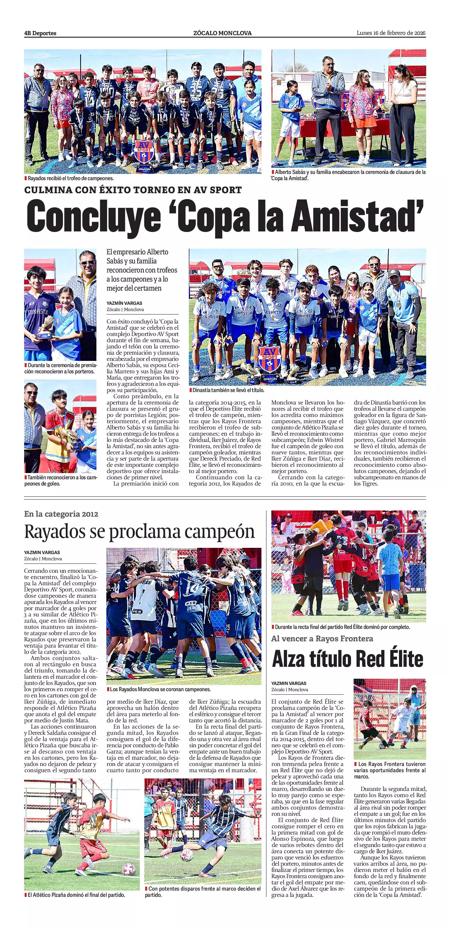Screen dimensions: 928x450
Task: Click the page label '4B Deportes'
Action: pyautogui.click(x=40, y=33)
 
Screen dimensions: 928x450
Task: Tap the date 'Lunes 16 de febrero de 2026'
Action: pyautogui.click(x=391, y=33)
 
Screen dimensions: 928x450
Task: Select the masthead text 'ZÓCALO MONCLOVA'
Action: pyautogui.click(x=222, y=33)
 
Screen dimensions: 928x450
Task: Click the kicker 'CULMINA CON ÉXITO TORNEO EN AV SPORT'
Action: pyautogui.click(x=133, y=190)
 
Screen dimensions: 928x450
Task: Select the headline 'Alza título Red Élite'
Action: pyautogui.click(x=348, y=659)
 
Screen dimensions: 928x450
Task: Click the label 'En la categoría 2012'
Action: pyautogui.click(x=61, y=514)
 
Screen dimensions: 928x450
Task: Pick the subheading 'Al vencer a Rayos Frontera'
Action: pyautogui.click(x=322, y=639)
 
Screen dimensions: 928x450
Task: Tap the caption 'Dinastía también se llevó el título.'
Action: pyautogui.click(x=228, y=390)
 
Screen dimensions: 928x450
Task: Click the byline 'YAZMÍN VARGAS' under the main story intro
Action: pyautogui.click(x=124, y=303)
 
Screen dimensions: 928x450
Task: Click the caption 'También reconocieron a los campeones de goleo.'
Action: pyautogui.click(x=60, y=480)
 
